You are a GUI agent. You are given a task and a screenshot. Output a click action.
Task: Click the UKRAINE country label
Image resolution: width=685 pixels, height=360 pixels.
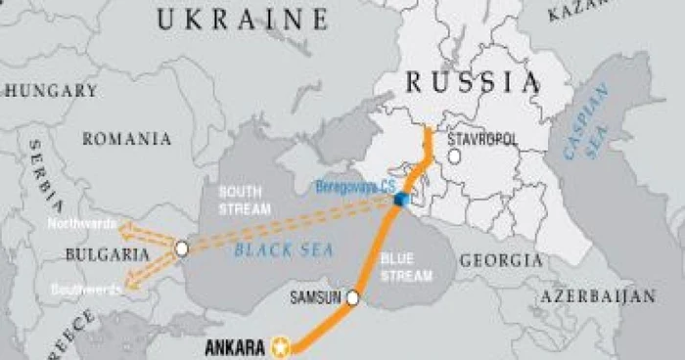point(242,19)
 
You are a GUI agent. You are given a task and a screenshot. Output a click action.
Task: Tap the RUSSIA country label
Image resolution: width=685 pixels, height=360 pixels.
point(474,81)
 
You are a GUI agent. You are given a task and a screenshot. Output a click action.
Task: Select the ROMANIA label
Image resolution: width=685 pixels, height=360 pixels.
point(126,139)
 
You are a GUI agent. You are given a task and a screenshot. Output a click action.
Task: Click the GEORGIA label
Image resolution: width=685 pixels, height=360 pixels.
point(500,261)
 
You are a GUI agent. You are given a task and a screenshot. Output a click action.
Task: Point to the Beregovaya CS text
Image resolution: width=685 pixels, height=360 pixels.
point(355,186)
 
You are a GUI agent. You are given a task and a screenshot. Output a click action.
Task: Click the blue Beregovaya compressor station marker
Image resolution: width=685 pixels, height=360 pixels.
point(400,200)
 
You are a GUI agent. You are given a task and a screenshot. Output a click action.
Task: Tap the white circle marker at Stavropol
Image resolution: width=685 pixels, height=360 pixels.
point(454,157)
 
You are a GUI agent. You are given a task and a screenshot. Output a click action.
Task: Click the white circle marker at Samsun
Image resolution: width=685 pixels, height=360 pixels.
point(353,298)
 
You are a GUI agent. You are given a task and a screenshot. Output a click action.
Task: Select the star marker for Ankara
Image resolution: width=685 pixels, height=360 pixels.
point(282,345)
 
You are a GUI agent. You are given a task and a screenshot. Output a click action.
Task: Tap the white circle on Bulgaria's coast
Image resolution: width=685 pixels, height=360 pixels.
point(181,249)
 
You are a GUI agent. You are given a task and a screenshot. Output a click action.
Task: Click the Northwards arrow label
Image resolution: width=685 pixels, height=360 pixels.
point(83,224)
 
